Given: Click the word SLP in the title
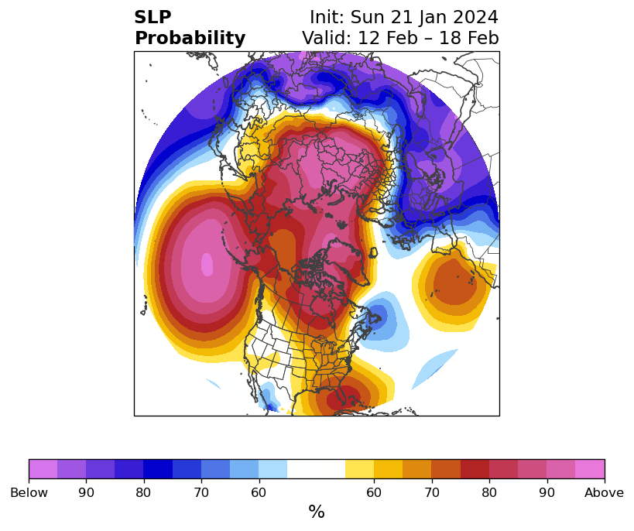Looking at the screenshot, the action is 153,17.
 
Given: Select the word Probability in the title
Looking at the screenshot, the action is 190,39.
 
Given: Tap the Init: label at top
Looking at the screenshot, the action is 327,17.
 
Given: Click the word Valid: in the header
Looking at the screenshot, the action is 327,38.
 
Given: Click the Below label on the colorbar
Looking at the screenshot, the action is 29,492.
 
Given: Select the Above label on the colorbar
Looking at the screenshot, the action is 604,492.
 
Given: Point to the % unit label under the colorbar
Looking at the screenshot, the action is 317,512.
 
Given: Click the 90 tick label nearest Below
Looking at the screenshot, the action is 86,492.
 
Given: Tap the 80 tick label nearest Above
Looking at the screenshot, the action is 489,492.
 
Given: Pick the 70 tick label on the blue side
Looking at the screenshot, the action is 201,492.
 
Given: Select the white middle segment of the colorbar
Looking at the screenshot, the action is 316,469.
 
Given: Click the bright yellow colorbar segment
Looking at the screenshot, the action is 359,469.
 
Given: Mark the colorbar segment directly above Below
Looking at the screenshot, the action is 43,469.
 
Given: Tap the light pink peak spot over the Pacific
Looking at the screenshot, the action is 207,264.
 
